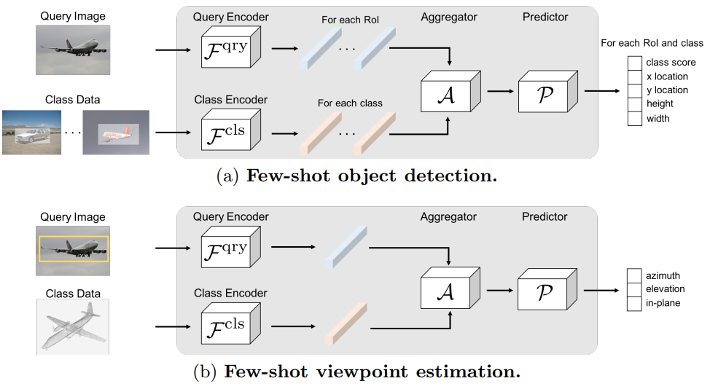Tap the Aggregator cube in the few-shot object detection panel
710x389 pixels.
click(448, 96)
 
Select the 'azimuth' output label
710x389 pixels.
click(663, 275)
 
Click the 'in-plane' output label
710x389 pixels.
click(663, 302)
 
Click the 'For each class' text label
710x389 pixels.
click(350, 103)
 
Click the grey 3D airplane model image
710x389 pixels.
click(72, 326)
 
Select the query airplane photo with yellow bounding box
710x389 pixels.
click(72, 249)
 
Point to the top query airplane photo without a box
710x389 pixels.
click(72, 50)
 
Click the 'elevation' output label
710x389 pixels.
click(666, 288)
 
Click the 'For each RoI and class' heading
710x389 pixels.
click(652, 43)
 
